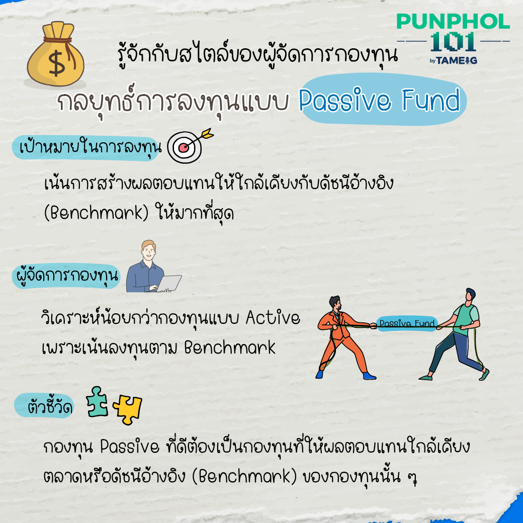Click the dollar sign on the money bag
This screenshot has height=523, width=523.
point(56,63)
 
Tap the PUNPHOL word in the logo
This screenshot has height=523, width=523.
point(453,21)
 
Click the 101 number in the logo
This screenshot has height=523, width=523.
point(453,42)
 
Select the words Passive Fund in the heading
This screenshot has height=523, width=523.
point(379,100)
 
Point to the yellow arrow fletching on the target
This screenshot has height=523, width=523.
point(207,133)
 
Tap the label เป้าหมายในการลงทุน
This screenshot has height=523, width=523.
point(90,147)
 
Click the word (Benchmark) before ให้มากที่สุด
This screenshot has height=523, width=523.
point(96,213)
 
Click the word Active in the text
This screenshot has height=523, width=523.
point(273,317)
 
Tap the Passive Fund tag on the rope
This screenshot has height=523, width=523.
point(407,323)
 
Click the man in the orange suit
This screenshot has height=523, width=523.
point(345,337)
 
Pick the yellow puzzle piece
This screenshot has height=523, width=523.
point(127,409)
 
